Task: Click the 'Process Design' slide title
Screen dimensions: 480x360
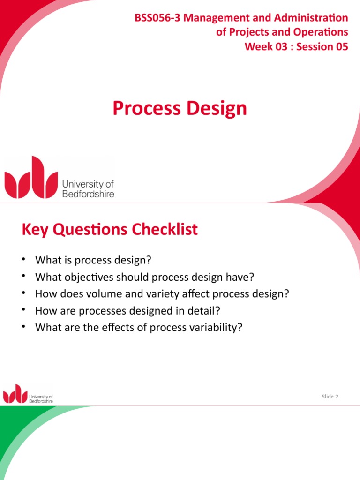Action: [x=180, y=108]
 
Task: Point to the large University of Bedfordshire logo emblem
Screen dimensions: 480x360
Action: [x=31, y=178]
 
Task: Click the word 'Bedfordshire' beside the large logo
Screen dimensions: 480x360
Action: [x=88, y=194]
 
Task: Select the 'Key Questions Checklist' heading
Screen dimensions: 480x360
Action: [x=110, y=230]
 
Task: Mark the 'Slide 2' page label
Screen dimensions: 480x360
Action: [x=330, y=397]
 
